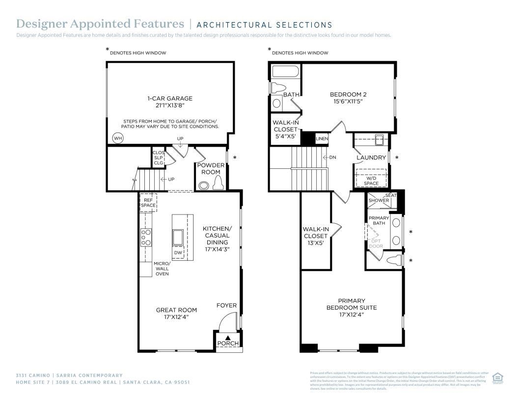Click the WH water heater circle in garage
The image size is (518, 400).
tap(118, 138)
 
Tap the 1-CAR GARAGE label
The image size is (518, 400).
tap(169, 98)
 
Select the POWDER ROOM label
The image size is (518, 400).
tap(211, 169)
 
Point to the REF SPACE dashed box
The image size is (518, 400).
tap(148, 202)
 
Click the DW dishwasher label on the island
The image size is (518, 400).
tap(178, 253)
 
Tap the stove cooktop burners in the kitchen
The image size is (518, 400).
tap(146, 237)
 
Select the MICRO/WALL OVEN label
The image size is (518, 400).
tap(162, 268)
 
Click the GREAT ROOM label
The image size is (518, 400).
tap(176, 310)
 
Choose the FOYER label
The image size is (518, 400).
tap(226, 305)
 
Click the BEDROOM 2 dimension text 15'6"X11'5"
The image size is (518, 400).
tap(348, 102)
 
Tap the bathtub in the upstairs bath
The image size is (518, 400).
tap(285, 72)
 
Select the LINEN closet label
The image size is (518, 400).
tap(322, 139)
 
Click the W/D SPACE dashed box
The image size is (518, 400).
tap(371, 177)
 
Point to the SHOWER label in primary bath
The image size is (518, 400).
tap(379, 200)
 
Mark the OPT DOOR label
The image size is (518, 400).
tap(376, 243)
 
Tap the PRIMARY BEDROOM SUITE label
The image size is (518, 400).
tap(352, 304)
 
